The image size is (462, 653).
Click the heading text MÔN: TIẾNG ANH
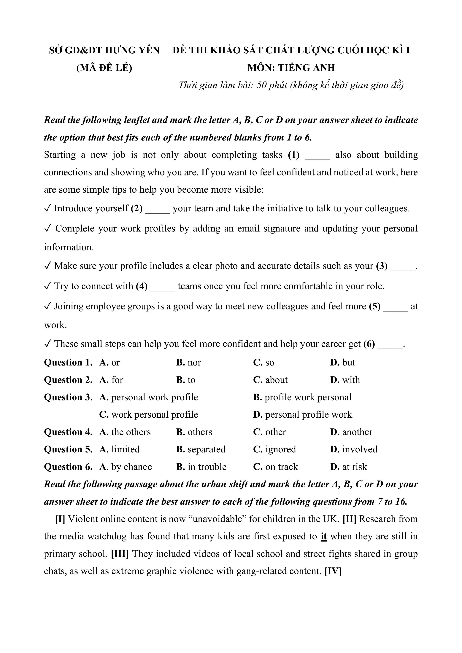[291, 68]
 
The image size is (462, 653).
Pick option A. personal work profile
[149, 397]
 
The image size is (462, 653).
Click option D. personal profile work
[303, 414]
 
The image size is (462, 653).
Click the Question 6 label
[68, 467]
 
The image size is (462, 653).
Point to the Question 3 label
[68, 397]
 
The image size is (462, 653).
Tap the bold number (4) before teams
[142, 286]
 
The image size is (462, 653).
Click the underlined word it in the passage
[324, 536]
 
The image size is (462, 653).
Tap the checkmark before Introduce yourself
[47, 208]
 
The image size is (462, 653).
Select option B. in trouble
[201, 467]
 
